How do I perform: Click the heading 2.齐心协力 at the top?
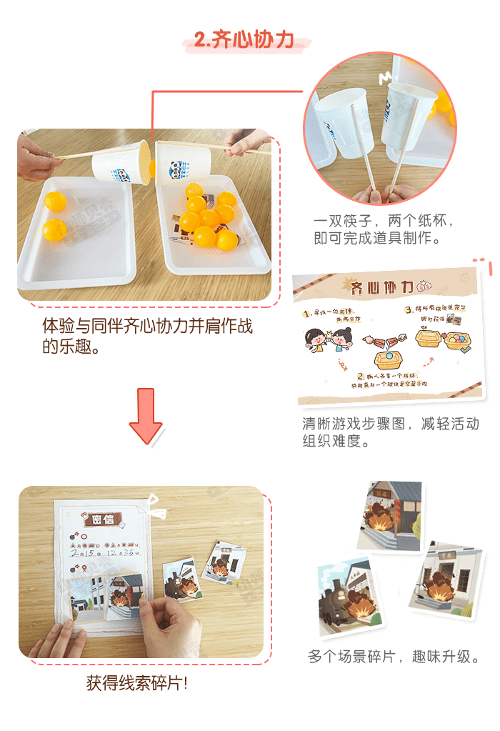(244, 41)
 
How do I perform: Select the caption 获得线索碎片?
(137, 684)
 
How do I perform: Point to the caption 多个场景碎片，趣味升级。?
(393, 656)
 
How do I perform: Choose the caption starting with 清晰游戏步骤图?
(390, 432)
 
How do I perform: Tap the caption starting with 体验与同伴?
(147, 337)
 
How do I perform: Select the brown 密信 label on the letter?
(102, 519)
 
